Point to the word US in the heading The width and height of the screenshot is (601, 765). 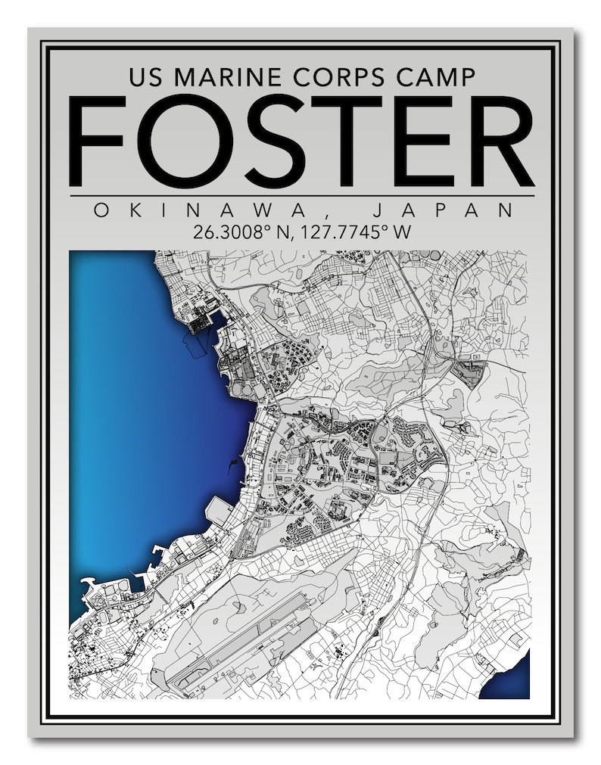pos(145,77)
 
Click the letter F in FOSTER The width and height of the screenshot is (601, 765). pos(98,141)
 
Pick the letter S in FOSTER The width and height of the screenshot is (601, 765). pos(260,141)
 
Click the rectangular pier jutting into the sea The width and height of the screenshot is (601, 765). pos(219,511)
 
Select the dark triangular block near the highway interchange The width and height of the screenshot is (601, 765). pos(469,374)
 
